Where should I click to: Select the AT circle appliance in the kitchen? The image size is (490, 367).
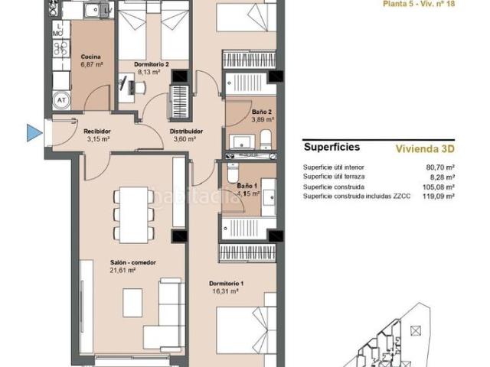[59, 99]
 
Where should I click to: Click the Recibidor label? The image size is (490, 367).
[97, 132]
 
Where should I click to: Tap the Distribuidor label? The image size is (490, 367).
[185, 132]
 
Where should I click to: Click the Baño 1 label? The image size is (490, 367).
[247, 186]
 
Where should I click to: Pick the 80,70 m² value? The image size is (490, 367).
[440, 167]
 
